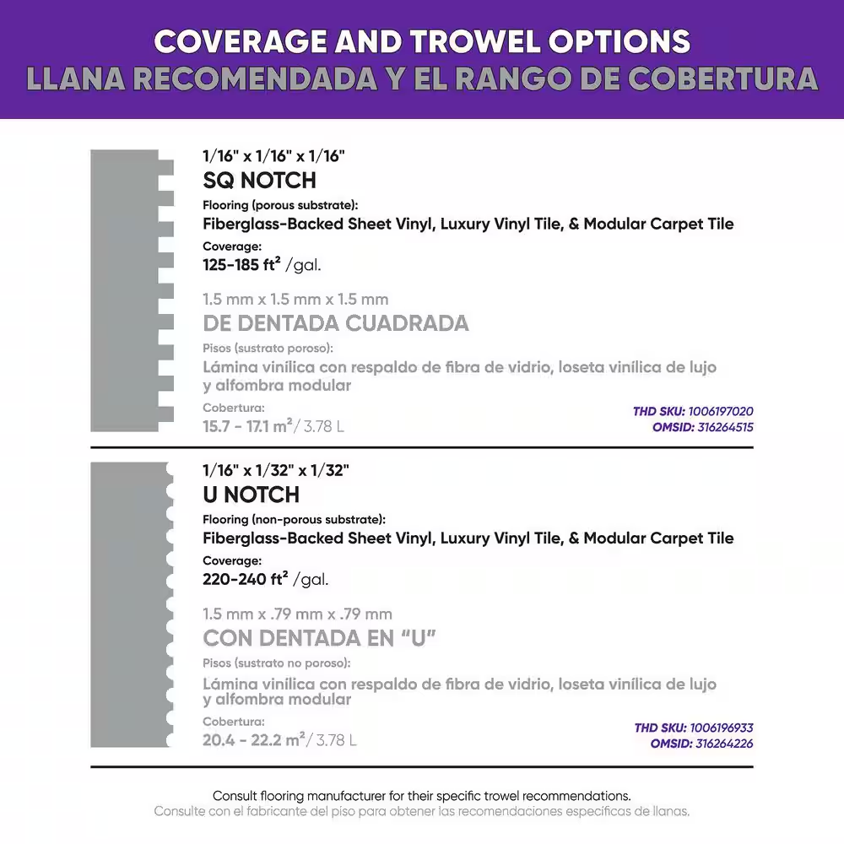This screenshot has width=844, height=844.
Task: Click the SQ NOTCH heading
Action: [x=260, y=180]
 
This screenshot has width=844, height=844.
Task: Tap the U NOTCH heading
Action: [x=252, y=495]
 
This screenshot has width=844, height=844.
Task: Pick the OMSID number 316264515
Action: [x=725, y=427]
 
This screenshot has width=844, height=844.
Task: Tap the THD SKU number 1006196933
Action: [x=721, y=728]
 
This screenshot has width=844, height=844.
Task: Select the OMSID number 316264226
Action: [x=725, y=744]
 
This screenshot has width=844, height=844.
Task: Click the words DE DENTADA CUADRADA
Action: [x=336, y=323]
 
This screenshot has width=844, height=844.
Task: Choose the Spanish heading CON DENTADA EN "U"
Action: [x=319, y=638]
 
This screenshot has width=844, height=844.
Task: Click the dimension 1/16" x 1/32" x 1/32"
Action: [x=274, y=471]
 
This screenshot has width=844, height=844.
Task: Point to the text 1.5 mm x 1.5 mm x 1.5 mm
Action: [x=295, y=300]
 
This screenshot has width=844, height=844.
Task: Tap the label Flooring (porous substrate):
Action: [x=280, y=205]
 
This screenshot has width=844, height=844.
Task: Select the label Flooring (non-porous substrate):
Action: [x=295, y=519]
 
